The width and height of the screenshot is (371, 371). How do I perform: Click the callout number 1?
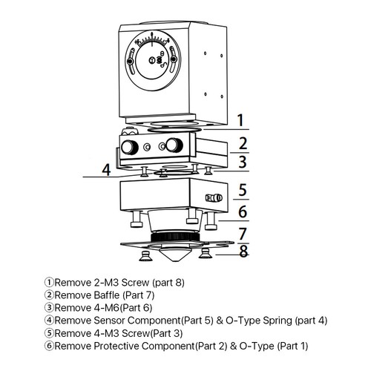pyautogui.click(x=240, y=120)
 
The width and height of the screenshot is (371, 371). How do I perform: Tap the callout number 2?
pyautogui.click(x=243, y=144)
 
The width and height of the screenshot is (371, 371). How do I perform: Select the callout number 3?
pyautogui.click(x=243, y=162)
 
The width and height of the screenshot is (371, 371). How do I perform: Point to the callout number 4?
pyautogui.click(x=107, y=170)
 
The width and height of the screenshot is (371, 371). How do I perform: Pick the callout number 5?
pyautogui.click(x=243, y=190)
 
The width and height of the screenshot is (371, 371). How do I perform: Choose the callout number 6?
pyautogui.click(x=243, y=211)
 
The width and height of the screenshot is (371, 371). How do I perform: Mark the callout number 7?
pyautogui.click(x=243, y=234)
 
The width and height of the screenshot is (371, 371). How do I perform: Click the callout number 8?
pyautogui.click(x=243, y=251)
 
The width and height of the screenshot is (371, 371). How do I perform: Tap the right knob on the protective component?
pyautogui.click(x=174, y=145)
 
